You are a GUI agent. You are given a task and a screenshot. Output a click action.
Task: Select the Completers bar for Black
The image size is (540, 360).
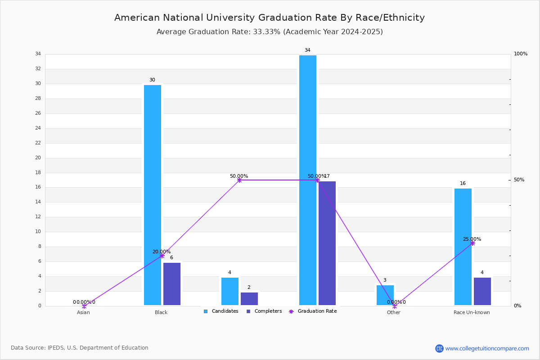click(x=172, y=284)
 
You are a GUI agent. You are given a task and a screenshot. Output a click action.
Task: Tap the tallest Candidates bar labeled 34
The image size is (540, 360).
click(x=308, y=180)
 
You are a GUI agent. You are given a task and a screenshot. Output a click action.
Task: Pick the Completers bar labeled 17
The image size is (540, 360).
click(x=327, y=243)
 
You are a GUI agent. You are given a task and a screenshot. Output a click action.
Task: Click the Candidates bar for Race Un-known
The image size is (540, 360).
click(x=463, y=247)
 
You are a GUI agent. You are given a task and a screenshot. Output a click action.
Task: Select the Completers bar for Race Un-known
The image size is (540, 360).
click(x=482, y=291)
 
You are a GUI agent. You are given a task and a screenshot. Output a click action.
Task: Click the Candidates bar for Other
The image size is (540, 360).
click(x=385, y=295)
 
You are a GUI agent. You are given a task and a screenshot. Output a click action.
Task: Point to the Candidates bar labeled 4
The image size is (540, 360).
click(x=230, y=291)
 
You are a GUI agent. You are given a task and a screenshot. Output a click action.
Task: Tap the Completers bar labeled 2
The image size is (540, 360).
click(x=249, y=299)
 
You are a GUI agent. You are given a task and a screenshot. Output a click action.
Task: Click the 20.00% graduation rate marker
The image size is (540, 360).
click(x=162, y=256)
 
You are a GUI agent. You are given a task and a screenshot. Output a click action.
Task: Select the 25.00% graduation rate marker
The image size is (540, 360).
click(x=472, y=243)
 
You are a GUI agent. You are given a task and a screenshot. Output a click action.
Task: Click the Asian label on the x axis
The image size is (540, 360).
click(x=83, y=312)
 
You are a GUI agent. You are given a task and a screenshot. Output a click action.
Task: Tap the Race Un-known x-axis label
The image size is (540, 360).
click(x=472, y=312)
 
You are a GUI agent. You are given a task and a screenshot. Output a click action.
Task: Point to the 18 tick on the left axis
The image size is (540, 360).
click(x=38, y=173)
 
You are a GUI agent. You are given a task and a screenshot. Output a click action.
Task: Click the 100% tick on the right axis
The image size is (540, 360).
click(x=521, y=54)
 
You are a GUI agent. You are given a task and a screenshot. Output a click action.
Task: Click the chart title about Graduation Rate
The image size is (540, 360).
click(x=270, y=18)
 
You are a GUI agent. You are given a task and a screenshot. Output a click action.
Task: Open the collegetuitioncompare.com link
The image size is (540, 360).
click(x=487, y=348)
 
